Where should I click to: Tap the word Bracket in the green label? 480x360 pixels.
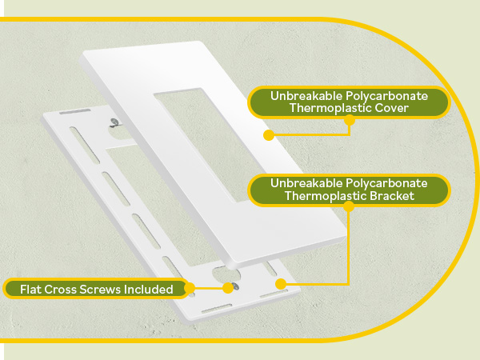[392, 196]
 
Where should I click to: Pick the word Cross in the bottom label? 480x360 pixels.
[60, 290]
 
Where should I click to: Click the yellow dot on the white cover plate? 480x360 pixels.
[269, 135]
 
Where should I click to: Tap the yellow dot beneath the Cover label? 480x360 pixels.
[350, 120]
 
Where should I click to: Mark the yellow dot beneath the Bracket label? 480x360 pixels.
[348, 206]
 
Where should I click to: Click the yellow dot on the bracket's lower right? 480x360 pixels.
[281, 284]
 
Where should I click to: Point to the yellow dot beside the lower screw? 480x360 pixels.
[228, 288]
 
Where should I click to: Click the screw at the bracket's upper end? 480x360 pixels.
[114, 122]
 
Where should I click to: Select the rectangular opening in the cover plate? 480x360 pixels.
[210, 146]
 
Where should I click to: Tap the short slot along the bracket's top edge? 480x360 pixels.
[75, 111]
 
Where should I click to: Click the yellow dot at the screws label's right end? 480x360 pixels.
[190, 288]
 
